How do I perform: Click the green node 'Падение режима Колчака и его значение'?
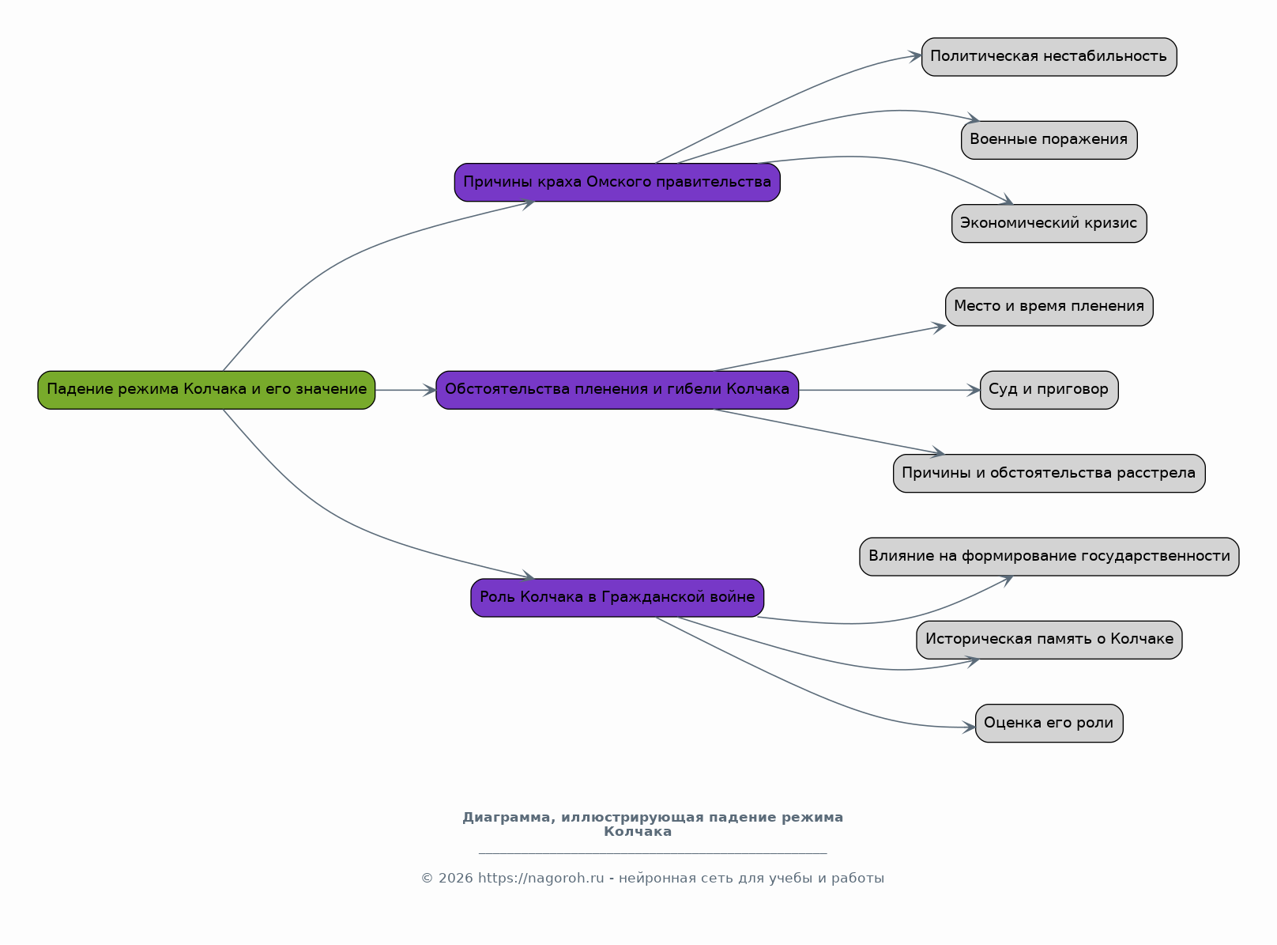point(206,390)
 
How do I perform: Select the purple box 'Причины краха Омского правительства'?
point(617,182)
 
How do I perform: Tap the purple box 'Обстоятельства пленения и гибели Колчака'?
point(617,390)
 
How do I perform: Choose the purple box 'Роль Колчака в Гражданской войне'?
point(617,598)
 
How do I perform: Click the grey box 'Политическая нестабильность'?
point(1049,56)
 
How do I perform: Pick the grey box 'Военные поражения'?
point(1049,140)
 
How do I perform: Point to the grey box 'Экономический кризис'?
point(1049,224)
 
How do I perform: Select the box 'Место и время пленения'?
point(1049,307)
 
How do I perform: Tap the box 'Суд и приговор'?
point(1049,390)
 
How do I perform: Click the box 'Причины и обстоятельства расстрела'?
point(1049,473)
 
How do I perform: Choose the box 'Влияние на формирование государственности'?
point(1049,557)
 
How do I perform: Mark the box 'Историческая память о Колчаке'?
point(1049,640)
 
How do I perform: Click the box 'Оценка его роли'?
point(1049,723)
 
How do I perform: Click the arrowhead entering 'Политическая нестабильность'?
point(915,56)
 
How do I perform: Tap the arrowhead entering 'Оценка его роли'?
point(969,728)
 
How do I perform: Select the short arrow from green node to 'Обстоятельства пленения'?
point(406,390)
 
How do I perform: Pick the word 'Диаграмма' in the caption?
point(507,818)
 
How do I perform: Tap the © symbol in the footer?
point(427,878)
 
